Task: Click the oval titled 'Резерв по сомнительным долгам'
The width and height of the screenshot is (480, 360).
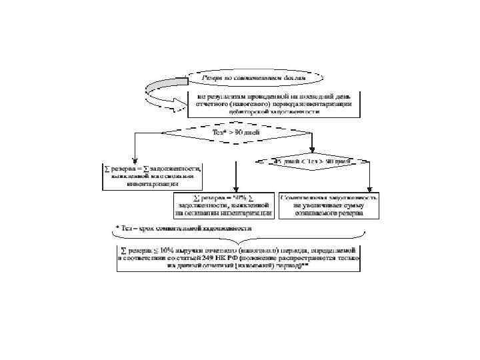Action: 254,77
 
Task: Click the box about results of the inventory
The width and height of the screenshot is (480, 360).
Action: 273,104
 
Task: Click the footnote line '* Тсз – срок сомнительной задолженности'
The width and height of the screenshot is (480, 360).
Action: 184,228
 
